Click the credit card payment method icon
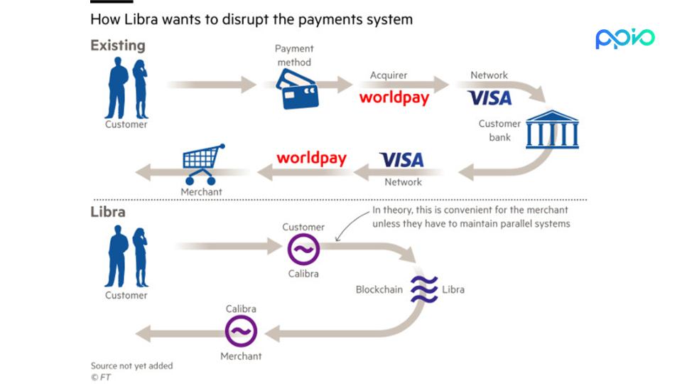[x=296, y=92]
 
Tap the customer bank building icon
[x=552, y=129]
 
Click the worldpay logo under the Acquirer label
[x=394, y=97]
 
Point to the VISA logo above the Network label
[x=489, y=97]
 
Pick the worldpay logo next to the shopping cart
[x=311, y=158]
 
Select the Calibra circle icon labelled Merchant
[x=241, y=331]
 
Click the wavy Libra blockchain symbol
[x=424, y=289]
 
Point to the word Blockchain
[x=379, y=290]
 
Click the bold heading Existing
[x=117, y=46]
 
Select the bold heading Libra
[x=108, y=212]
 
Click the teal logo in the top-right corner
[x=625, y=38]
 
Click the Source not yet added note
[x=131, y=366]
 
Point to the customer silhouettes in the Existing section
[x=127, y=88]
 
